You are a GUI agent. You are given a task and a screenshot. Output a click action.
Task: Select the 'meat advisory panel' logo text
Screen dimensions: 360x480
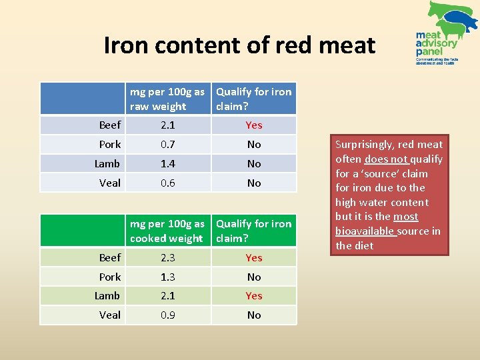click(x=436, y=43)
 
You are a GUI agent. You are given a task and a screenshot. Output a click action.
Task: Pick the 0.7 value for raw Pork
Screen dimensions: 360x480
click(x=168, y=144)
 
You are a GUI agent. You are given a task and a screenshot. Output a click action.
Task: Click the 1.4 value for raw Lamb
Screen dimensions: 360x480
click(x=168, y=163)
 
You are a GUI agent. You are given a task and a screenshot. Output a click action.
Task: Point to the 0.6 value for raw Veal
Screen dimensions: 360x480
click(x=168, y=183)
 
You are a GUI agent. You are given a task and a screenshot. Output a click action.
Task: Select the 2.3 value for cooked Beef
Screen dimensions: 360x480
click(x=168, y=257)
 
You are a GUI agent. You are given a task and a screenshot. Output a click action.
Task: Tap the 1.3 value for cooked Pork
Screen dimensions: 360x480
click(x=168, y=277)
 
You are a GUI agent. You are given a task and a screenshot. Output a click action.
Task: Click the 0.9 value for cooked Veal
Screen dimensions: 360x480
click(x=168, y=315)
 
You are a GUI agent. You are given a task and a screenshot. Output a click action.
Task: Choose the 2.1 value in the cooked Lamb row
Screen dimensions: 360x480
click(x=168, y=295)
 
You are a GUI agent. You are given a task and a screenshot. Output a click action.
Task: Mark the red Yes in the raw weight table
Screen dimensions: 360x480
click(x=254, y=125)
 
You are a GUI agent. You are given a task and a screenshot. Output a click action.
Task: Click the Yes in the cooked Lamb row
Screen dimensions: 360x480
click(x=254, y=295)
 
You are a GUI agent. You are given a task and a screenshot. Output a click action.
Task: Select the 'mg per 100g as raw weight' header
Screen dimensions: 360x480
click(x=167, y=99)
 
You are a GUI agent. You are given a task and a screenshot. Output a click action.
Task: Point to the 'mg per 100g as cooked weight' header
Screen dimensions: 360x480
click(x=167, y=231)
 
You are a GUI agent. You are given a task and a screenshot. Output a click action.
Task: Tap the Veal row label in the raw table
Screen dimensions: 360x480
click(x=109, y=183)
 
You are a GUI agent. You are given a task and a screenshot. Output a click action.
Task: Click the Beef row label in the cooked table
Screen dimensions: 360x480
click(x=109, y=257)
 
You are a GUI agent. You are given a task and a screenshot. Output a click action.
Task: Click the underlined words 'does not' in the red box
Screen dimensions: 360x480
click(x=386, y=159)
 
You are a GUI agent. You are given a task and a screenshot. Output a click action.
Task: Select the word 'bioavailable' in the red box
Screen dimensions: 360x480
click(x=365, y=231)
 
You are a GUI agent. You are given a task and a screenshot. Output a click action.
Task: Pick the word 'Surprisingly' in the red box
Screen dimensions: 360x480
click(x=366, y=144)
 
